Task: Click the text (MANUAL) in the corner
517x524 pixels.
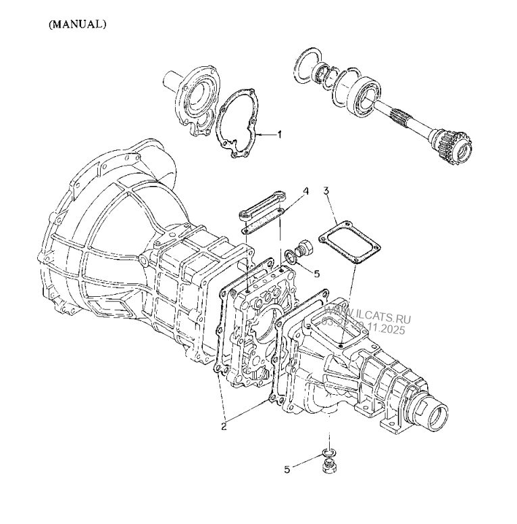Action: click(x=77, y=24)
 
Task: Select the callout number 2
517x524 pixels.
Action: click(x=224, y=426)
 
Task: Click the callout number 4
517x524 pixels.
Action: click(x=305, y=191)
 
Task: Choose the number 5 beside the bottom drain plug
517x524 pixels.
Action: click(x=287, y=469)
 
